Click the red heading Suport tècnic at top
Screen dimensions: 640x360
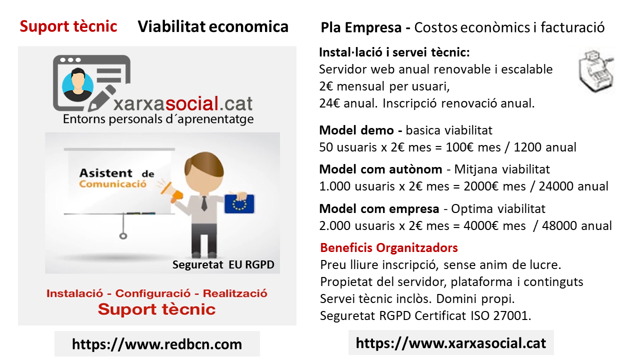click(68, 26)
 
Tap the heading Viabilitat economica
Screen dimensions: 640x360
click(213, 26)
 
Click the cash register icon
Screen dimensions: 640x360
click(596, 71)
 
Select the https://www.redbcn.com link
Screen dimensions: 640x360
click(157, 344)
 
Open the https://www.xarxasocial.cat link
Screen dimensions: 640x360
click(451, 343)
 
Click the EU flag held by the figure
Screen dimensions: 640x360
click(239, 204)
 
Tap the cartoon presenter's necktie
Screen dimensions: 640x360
click(204, 203)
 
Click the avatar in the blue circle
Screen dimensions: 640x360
click(77, 84)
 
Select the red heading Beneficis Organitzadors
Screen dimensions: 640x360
click(389, 247)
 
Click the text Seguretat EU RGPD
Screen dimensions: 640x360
click(223, 264)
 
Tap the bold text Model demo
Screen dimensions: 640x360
click(356, 130)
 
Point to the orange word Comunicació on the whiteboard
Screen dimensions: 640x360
click(113, 184)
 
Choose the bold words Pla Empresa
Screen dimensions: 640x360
click(361, 27)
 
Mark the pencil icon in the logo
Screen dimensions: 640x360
click(101, 98)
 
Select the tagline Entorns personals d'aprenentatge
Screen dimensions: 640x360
click(158, 119)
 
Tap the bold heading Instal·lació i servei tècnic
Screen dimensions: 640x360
click(394, 52)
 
